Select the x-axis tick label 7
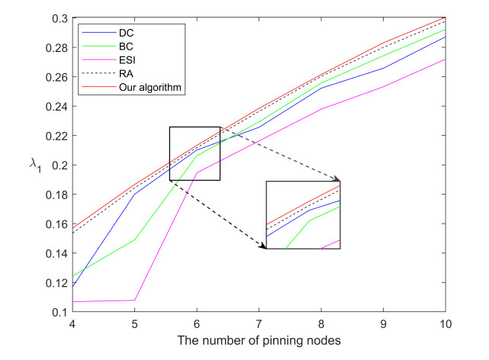259,324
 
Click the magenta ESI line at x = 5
134,301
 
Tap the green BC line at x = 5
134,240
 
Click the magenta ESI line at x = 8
322,109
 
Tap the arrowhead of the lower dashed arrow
262,247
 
